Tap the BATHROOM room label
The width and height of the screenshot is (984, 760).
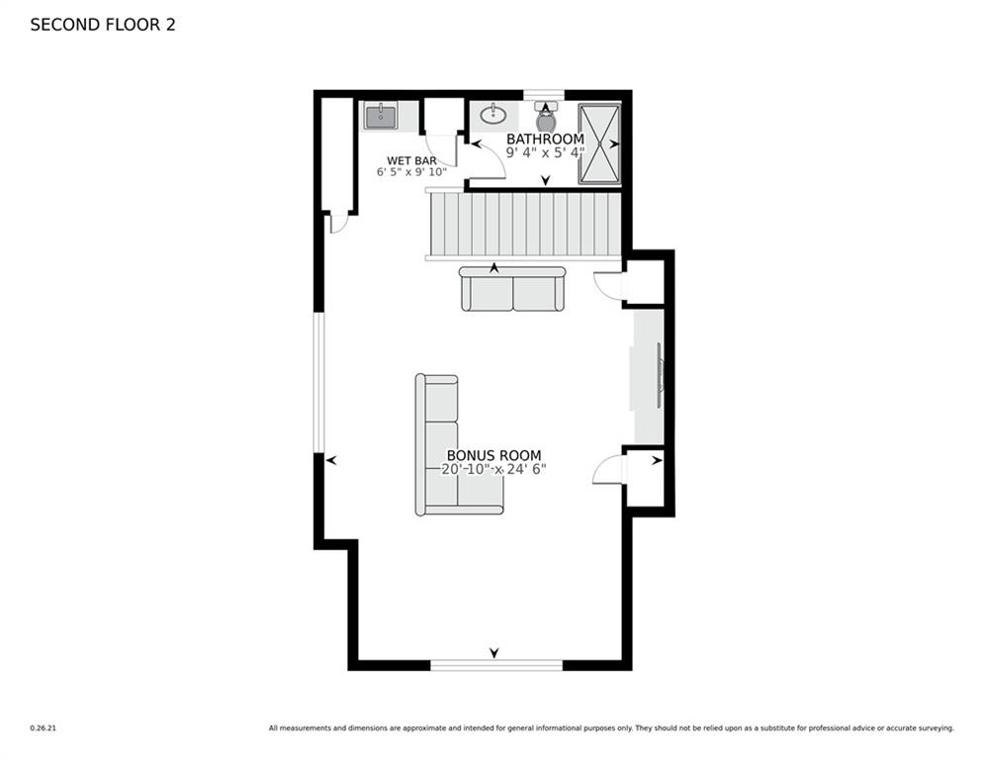pos(545,140)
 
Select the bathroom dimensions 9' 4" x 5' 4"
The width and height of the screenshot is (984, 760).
pos(545,153)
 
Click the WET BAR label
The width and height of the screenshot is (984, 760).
pos(411,160)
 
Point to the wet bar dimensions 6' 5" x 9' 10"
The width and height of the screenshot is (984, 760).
pos(411,172)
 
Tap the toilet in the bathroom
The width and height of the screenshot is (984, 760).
pos(546,116)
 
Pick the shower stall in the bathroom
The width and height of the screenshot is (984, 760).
pos(598,143)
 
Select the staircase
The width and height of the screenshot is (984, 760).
pos(524,224)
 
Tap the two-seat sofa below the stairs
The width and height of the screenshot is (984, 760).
pos(512,288)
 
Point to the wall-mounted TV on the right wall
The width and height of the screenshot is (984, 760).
pos(660,376)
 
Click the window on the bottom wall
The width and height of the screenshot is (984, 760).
pos(496,665)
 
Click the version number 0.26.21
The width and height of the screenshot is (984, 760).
pos(44,728)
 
